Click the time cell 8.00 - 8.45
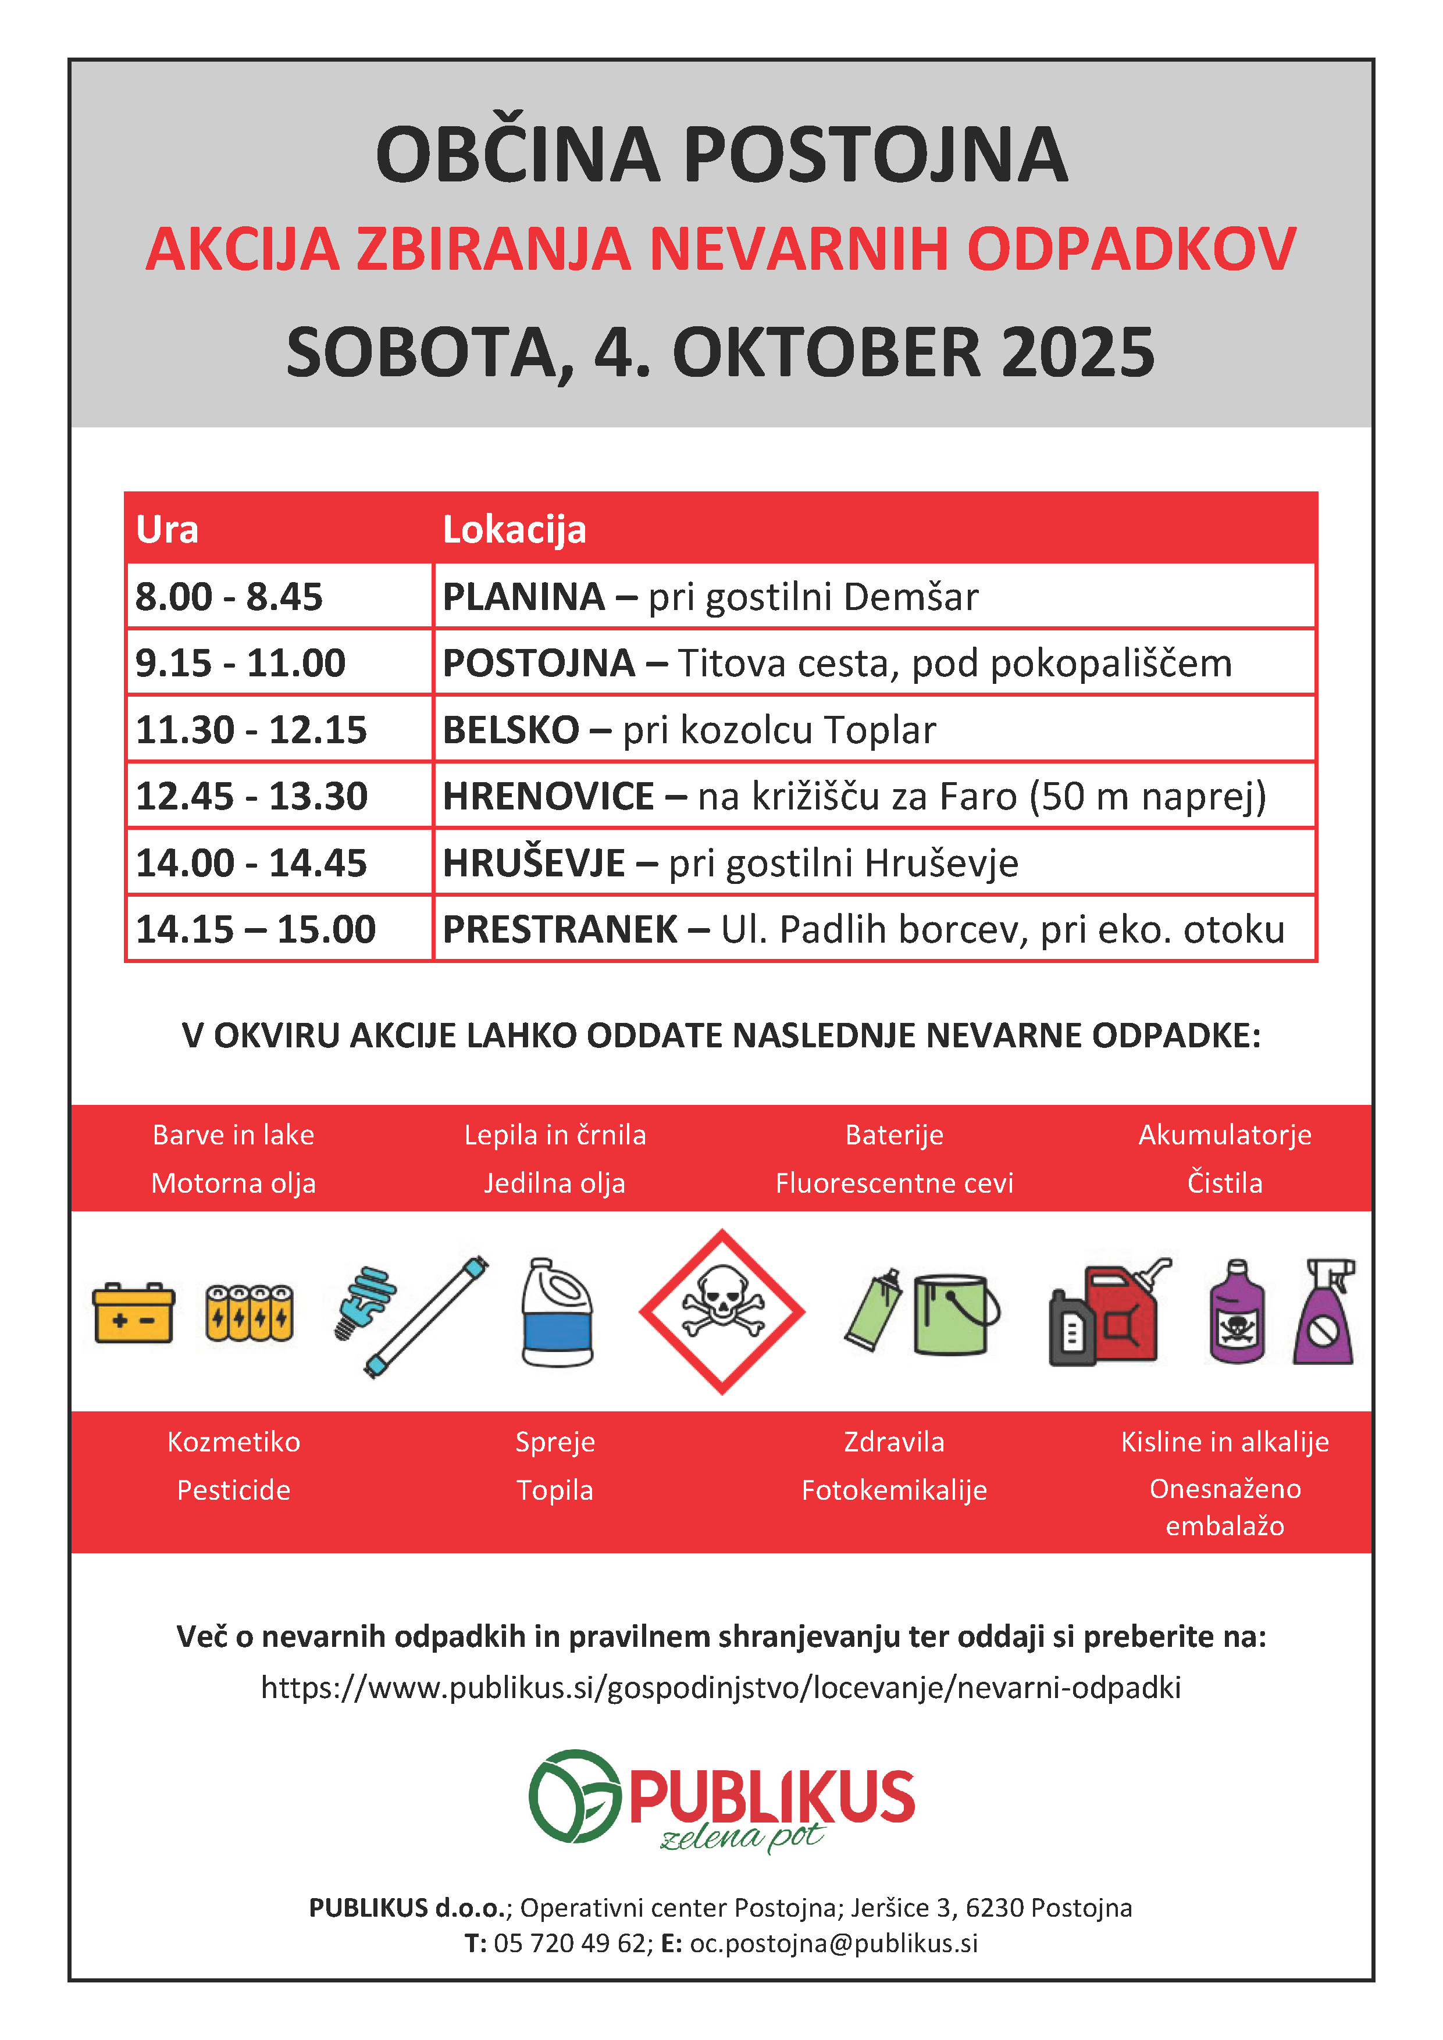[x=229, y=596]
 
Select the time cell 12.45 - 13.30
[x=251, y=796]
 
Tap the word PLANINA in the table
[x=523, y=596]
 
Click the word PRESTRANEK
[x=560, y=929]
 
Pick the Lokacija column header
[x=515, y=530]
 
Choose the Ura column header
[x=167, y=530]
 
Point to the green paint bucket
[x=953, y=1314]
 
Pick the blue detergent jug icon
[x=557, y=1313]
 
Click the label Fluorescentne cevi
[x=894, y=1183]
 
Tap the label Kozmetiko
[x=234, y=1441]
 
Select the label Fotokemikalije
[x=894, y=1490]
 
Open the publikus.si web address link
[x=721, y=1687]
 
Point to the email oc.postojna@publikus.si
[x=833, y=1943]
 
